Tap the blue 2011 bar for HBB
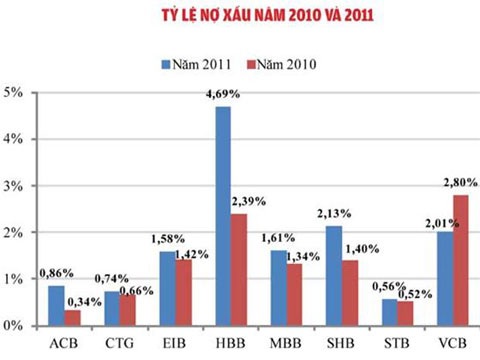[x=222, y=215]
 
